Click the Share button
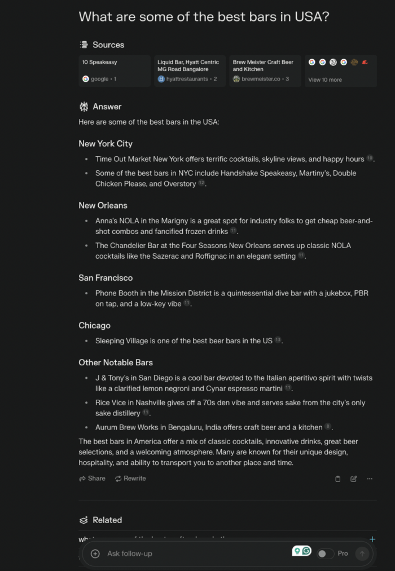92,479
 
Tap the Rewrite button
130,479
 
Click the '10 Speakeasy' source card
115,70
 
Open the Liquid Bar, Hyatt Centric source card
190,70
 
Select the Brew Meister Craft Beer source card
265,70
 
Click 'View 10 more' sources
325,80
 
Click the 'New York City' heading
106,144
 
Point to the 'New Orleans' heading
103,205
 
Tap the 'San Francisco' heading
106,278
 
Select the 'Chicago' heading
94,326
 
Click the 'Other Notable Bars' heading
116,362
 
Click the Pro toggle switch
325,554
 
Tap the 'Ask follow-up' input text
130,554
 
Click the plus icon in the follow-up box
95,554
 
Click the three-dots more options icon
370,479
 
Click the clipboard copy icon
338,479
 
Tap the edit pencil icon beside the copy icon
354,479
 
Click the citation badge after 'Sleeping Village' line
278,340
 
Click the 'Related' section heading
107,520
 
